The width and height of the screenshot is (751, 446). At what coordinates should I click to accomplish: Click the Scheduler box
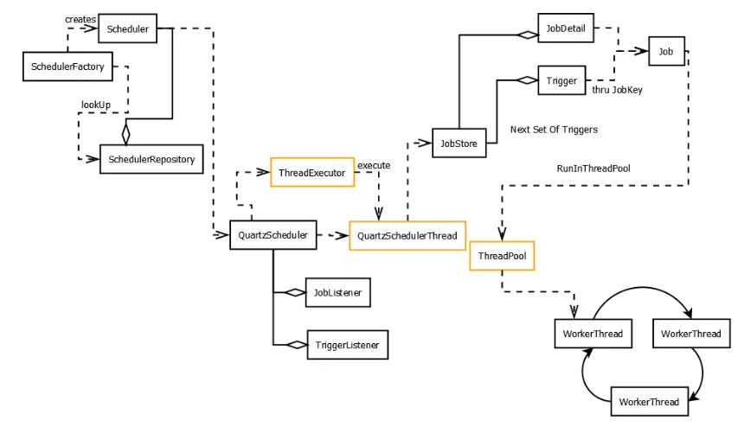click(x=128, y=29)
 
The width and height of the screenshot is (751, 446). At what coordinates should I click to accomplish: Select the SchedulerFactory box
click(x=67, y=67)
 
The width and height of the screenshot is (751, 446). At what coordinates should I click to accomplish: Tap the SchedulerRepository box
click(x=151, y=159)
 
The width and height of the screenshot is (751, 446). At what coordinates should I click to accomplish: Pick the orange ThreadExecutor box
click(x=312, y=173)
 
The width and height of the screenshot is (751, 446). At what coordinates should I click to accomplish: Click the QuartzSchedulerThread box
click(x=408, y=236)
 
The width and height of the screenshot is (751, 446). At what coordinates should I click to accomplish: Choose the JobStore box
click(x=459, y=143)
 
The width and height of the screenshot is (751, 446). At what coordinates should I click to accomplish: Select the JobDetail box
click(x=566, y=29)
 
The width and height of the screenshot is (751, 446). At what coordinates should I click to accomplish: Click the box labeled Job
click(x=665, y=52)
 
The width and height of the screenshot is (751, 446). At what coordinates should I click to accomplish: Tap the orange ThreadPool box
click(x=502, y=256)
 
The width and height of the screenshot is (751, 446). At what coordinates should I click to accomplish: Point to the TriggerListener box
click(x=347, y=345)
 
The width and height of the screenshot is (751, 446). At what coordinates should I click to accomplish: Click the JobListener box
click(x=337, y=293)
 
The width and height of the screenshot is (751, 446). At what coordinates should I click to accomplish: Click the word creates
click(x=80, y=19)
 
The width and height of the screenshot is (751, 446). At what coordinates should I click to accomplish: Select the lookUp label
click(x=96, y=105)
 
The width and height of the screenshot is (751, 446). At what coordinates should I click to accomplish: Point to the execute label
click(x=374, y=165)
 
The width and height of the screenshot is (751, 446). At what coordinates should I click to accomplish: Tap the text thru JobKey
click(x=617, y=89)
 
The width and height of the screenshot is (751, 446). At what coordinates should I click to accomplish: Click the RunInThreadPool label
click(x=594, y=168)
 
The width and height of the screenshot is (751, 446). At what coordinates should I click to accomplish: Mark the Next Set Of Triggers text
click(x=554, y=130)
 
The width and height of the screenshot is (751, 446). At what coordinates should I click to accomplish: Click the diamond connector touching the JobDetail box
click(x=527, y=35)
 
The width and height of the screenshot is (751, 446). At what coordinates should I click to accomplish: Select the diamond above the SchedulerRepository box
click(x=125, y=134)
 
